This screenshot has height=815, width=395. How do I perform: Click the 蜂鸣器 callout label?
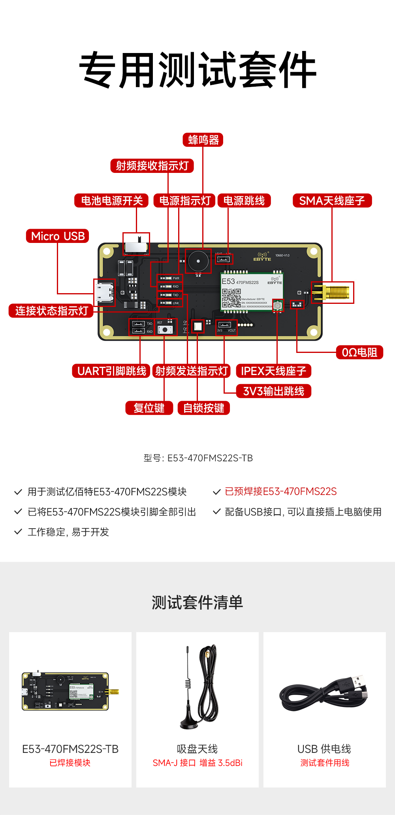click(203, 140)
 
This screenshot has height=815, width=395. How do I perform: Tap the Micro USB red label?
click(58, 236)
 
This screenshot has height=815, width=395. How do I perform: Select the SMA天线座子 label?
click(332, 201)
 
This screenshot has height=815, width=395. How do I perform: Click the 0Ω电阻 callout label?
click(359, 352)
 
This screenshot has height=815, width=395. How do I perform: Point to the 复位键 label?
click(149, 408)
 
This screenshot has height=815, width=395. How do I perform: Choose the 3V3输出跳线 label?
click(274, 391)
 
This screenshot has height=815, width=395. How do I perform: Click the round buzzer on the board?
click(198, 261)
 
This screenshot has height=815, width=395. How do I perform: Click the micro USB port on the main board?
click(104, 293)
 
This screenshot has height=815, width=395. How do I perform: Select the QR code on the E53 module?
click(231, 298)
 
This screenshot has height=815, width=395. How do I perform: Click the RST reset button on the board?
click(165, 330)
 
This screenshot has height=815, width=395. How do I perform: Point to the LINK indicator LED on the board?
click(168, 303)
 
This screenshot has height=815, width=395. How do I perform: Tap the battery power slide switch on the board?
click(136, 244)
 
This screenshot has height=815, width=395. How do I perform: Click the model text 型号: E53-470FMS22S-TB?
click(198, 458)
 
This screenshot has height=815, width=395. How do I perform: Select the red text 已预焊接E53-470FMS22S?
click(280, 492)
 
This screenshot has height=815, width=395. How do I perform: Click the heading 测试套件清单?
click(197, 603)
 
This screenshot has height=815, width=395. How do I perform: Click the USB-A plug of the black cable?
click(357, 681)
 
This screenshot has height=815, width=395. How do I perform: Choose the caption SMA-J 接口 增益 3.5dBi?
click(197, 763)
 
